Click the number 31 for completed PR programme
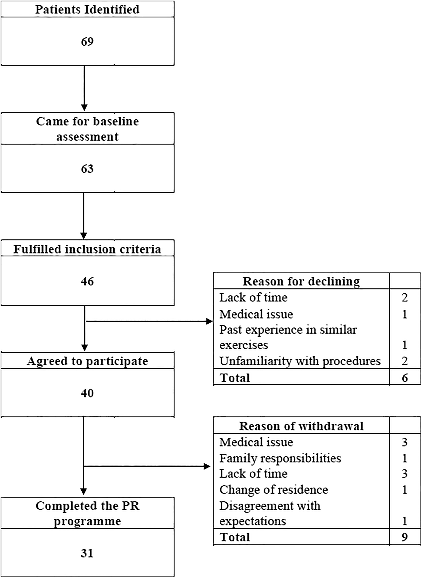87,553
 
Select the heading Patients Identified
87,9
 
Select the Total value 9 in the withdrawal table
405,537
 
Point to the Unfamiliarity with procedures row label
300,361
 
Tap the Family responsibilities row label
280,458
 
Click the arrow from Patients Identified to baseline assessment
84,88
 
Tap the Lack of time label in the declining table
253,298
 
